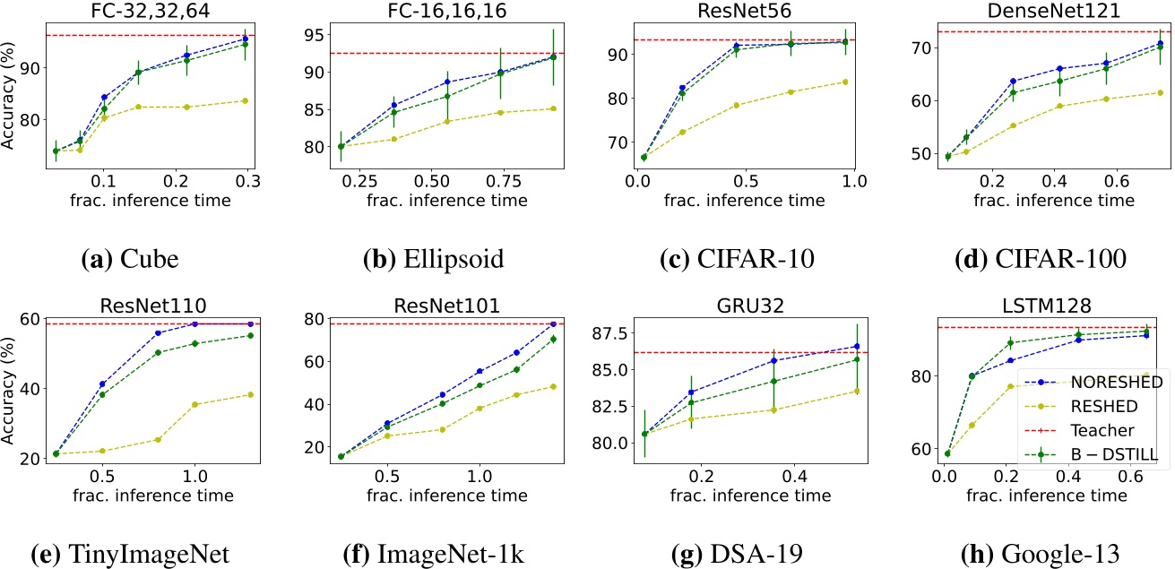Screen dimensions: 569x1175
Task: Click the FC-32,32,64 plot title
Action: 151,13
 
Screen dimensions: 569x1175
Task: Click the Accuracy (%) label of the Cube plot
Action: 11,105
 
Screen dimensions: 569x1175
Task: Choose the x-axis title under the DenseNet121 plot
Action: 1050,200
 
